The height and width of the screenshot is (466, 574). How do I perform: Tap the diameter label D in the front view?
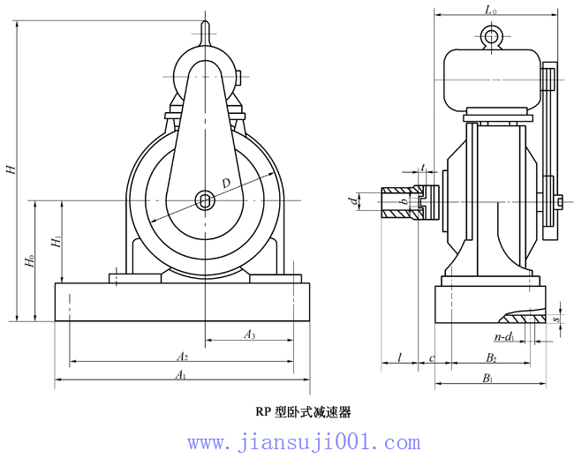(226, 183)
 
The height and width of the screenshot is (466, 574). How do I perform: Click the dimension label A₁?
(180, 375)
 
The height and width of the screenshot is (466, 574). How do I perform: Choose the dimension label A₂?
(182, 357)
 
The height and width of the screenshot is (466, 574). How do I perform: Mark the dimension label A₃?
(250, 334)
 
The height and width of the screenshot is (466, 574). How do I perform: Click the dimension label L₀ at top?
(491, 11)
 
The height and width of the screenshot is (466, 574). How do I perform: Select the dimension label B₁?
(487, 379)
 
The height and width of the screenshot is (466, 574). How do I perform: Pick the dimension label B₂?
(491, 357)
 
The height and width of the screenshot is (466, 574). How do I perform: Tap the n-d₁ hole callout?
(503, 337)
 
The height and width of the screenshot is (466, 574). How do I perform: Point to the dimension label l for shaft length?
(399, 357)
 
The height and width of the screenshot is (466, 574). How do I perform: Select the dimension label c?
(431, 357)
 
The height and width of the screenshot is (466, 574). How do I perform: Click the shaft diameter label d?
(352, 202)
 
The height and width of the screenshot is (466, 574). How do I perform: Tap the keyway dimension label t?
(424, 167)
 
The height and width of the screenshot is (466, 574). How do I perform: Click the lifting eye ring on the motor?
(492, 36)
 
